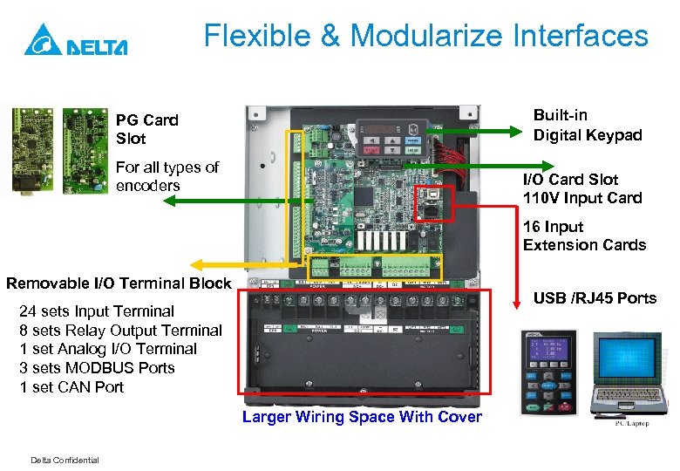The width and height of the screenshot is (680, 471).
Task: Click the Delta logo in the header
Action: pyautogui.click(x=76, y=40)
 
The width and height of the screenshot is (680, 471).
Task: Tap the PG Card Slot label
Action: pyautogui.click(x=146, y=129)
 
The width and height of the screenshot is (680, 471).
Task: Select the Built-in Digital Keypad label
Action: pyautogui.click(x=587, y=126)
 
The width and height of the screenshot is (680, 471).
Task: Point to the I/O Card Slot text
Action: pyautogui.click(x=570, y=180)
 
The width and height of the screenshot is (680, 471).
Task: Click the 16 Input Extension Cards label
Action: pyautogui.click(x=584, y=236)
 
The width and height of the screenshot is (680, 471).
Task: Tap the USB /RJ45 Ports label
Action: pyautogui.click(x=595, y=298)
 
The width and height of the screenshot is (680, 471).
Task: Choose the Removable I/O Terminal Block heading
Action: pyautogui.click(x=119, y=283)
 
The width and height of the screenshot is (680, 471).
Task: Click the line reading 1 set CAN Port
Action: pyautogui.click(x=71, y=387)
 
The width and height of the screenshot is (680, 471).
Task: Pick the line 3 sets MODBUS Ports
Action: pyautogui.click(x=97, y=368)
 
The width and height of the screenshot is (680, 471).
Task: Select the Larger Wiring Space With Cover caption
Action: pyautogui.click(x=362, y=417)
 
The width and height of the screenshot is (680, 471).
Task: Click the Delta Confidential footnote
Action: pyautogui.click(x=65, y=461)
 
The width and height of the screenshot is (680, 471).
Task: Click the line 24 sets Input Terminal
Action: pyautogui.click(x=97, y=311)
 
